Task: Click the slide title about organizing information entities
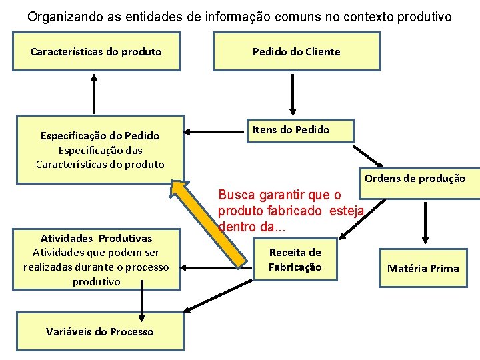(239, 16)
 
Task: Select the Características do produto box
(97, 51)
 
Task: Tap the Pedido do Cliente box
(296, 51)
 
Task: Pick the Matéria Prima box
(423, 268)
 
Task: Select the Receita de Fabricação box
(295, 260)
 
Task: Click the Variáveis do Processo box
(100, 331)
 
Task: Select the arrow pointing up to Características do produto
(94, 94)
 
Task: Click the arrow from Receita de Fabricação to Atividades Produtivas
(217, 269)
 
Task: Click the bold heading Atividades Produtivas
(96, 238)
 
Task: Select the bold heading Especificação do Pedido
(100, 135)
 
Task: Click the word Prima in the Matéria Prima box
(444, 268)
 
